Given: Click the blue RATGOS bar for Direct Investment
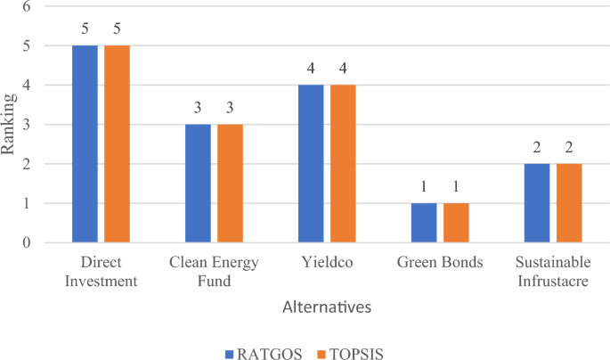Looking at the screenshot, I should (x=85, y=143).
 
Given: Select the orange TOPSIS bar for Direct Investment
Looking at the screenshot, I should (x=117, y=143).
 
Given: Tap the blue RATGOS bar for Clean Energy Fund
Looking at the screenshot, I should (x=198, y=183).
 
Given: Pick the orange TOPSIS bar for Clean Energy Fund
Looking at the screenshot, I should (x=230, y=183).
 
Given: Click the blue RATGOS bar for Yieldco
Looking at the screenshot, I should (x=311, y=163).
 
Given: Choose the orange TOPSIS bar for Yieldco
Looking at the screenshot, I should (x=343, y=163).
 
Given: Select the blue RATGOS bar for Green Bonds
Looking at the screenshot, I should (x=424, y=223).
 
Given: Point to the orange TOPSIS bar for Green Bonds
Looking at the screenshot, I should (x=456, y=223).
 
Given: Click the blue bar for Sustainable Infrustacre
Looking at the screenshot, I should (x=537, y=203).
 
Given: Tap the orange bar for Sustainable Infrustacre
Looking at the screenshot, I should (x=569, y=203).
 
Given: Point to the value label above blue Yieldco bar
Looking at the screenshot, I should (x=311, y=69).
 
